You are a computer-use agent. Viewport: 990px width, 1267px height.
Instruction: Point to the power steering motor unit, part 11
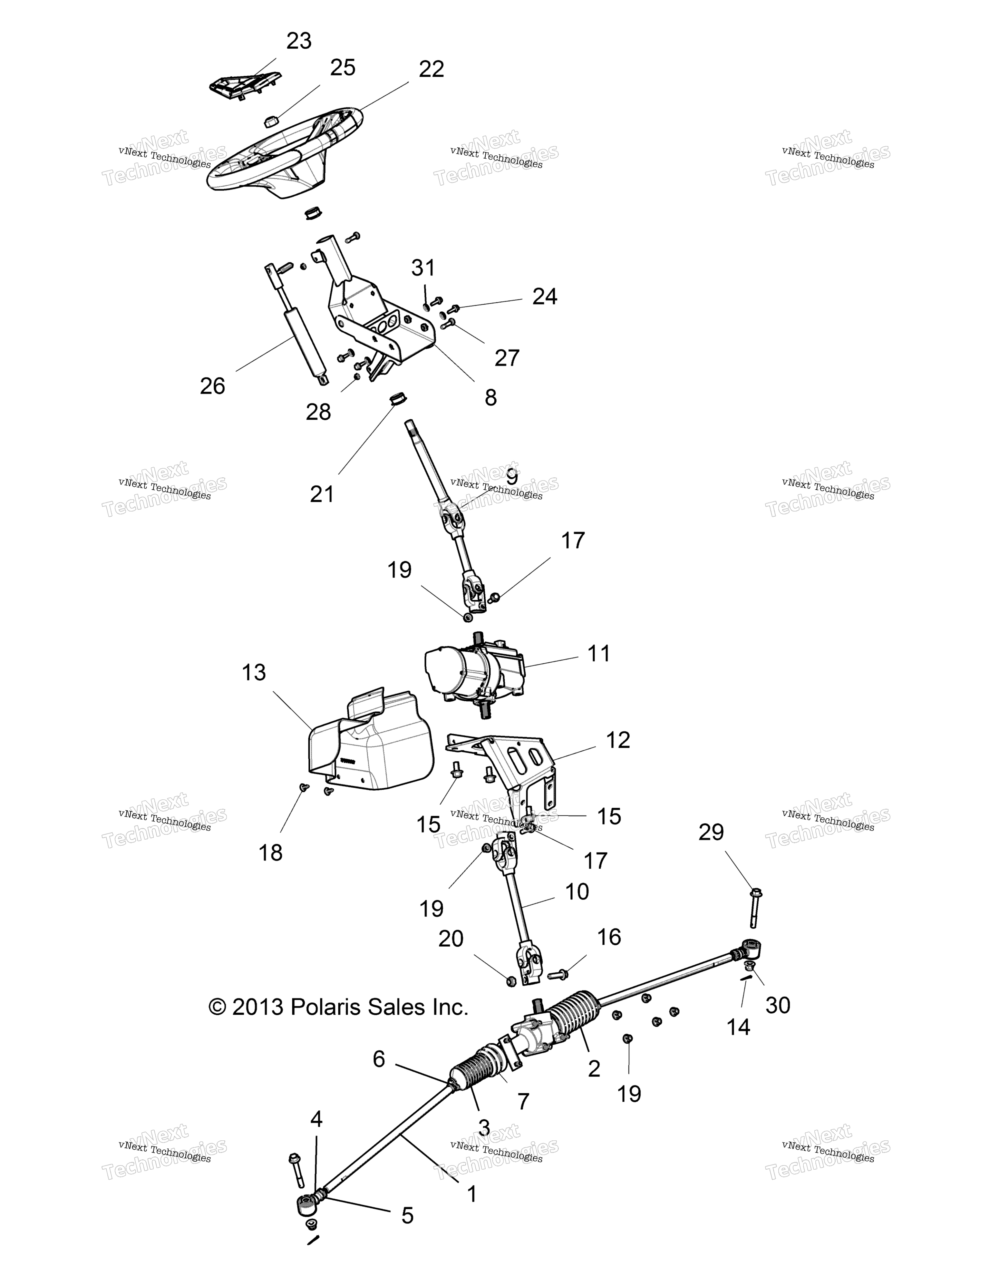point(474,674)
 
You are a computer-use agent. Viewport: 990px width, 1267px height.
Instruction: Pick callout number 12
point(618,740)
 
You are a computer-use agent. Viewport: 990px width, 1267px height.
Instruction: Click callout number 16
point(609,937)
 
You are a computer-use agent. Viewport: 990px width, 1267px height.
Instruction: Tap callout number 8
point(491,398)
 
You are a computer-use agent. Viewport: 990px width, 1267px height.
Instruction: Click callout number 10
point(577,891)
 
